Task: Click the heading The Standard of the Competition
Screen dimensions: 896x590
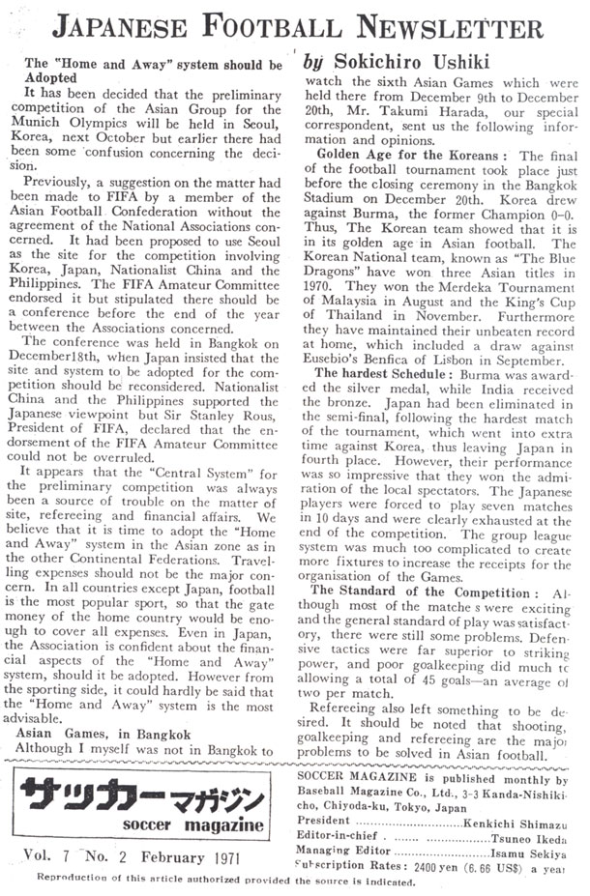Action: (421, 592)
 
